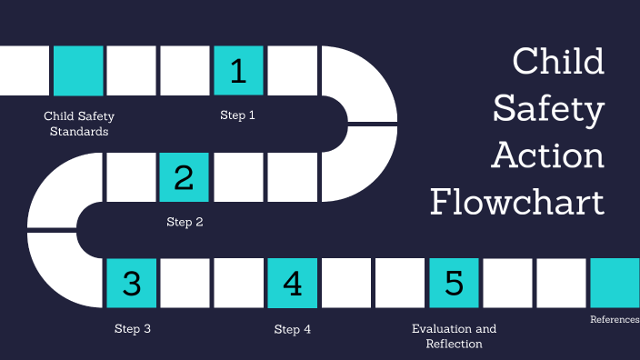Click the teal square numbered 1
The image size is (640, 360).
coord(238,71)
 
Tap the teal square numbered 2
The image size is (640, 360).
coord(185,177)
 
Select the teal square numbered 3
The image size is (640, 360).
coord(132,284)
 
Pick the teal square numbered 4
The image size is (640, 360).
coord(293,284)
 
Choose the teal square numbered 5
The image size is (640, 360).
coord(454,284)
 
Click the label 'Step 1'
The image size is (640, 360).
coord(238,115)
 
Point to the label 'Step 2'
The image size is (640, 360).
coord(185,222)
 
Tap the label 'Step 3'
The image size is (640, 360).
coord(132,328)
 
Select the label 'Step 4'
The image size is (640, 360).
coord(293,328)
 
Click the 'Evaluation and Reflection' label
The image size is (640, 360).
coord(454,335)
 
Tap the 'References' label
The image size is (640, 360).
coord(615,319)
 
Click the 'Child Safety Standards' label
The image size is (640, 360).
coord(78,124)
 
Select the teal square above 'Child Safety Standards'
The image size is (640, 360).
coord(78,71)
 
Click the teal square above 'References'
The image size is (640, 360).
coord(615,284)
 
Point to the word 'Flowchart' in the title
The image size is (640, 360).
coord(517,201)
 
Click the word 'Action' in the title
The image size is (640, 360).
coord(547,155)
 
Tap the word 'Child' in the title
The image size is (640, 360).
coord(557,62)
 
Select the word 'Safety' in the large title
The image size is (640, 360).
coord(548,109)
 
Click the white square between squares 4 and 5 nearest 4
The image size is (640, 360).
coord(346,284)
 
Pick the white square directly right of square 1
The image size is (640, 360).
coord(292,71)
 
